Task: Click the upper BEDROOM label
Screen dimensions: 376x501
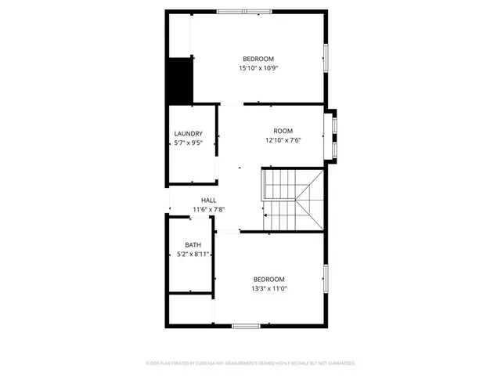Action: (x=258, y=60)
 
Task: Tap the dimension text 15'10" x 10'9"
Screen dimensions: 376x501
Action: (x=258, y=69)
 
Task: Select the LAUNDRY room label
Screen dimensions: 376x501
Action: (x=189, y=134)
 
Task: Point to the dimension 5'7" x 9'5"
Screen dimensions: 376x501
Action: (x=189, y=143)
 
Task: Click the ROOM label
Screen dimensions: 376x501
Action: (x=283, y=131)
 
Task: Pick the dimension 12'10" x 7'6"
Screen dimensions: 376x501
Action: (x=283, y=141)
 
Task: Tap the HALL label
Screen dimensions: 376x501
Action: (x=209, y=201)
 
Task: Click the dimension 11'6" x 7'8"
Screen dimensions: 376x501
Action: (x=209, y=210)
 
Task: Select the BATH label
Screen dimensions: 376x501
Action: (x=193, y=245)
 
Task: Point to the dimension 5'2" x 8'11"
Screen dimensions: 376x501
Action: (x=193, y=255)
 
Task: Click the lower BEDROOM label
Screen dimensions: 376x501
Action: (x=269, y=280)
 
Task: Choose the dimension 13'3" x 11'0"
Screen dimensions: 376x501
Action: (x=269, y=289)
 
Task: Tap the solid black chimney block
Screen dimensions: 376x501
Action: (x=181, y=80)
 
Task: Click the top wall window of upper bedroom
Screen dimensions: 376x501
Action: (x=244, y=12)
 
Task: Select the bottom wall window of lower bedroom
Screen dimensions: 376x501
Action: (x=246, y=325)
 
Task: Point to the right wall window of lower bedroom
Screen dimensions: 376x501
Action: (x=326, y=278)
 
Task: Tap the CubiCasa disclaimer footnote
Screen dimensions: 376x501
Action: (x=250, y=363)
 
